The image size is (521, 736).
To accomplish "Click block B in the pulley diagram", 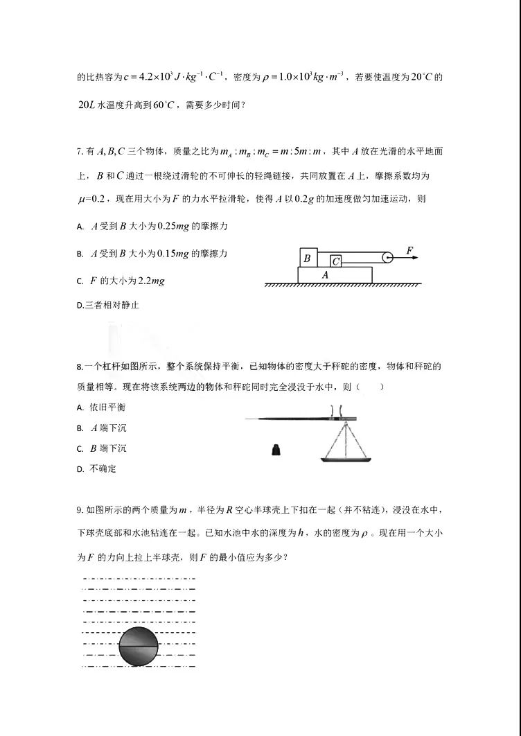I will tap(307, 257).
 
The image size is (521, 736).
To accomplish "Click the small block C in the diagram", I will tap(335, 261).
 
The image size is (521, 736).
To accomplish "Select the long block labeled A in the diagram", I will tap(335, 274).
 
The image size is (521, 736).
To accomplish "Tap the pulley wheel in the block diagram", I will tap(387, 257).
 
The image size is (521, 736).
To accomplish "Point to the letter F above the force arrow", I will tap(410, 249).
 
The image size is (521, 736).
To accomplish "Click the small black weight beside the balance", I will tap(276, 451).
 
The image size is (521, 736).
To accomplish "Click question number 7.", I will tap(80, 151).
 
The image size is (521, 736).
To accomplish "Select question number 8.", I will tap(80, 366).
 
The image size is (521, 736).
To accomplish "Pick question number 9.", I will tap(80, 510).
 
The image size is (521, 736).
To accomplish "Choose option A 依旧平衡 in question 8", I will tap(107, 407).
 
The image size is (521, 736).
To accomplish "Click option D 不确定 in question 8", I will tap(103, 468).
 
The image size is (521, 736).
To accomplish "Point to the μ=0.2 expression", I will tap(90, 200).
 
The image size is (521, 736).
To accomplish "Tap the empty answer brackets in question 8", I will tap(370, 387).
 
